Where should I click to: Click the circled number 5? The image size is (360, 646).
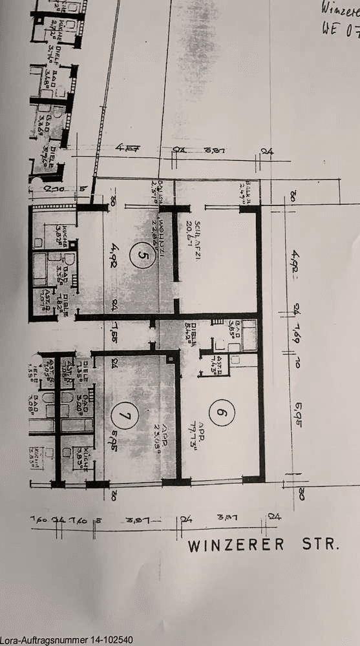click(142, 255)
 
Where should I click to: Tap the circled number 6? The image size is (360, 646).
click(220, 413)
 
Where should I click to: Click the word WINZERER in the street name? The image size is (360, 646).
click(236, 545)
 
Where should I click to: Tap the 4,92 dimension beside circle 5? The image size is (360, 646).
click(114, 255)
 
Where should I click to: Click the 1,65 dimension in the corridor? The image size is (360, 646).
click(114, 336)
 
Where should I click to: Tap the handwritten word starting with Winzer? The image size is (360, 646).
click(340, 8)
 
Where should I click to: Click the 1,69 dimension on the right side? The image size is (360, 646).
click(295, 336)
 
